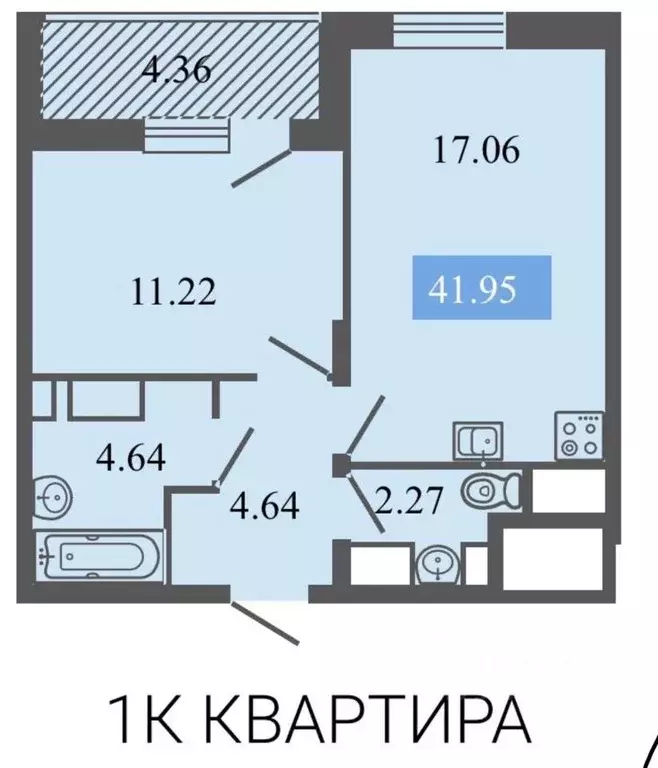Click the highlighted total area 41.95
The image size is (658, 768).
[482, 288]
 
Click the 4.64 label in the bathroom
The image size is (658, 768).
[130, 459]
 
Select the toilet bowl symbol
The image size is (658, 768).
[491, 491]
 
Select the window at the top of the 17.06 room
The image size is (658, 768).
[432, 28]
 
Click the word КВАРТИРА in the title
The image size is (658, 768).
[373, 718]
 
